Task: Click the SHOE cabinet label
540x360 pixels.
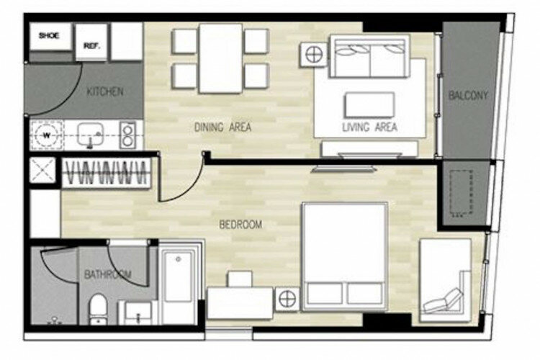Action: [49, 35]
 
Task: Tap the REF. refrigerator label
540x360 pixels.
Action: [91, 46]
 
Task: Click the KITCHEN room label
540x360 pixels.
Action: [104, 91]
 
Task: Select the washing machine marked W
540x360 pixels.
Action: [47, 135]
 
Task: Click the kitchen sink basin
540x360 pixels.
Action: [90, 134]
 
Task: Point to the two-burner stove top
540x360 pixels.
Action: [127, 135]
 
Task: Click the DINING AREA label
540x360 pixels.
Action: [222, 127]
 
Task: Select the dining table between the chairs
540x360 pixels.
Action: [220, 58]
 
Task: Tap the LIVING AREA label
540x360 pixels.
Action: [370, 127]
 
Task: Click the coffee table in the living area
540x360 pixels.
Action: [370, 104]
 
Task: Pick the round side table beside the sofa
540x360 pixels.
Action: [314, 55]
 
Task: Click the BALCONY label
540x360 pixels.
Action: [469, 96]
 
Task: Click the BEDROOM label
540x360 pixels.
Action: [240, 225]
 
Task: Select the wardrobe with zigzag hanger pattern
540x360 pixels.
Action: [107, 173]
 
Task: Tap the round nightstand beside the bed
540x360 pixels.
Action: [287, 299]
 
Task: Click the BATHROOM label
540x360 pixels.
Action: [108, 274]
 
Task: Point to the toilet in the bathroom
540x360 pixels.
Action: [98, 309]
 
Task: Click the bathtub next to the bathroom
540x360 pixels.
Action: [179, 283]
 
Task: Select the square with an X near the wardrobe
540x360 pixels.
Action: [42, 170]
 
